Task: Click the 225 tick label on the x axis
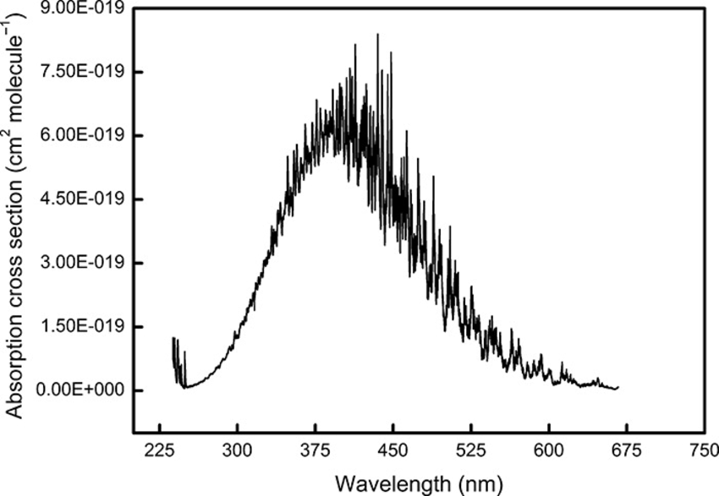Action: point(160,451)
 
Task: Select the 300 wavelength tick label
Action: point(238,451)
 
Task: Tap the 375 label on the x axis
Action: point(316,451)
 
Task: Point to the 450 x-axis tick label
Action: point(393,451)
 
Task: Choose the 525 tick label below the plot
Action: point(471,451)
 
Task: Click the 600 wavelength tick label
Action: point(549,451)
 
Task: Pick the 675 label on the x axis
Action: point(627,451)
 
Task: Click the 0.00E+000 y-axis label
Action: point(80,390)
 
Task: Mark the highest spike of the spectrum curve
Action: point(377,35)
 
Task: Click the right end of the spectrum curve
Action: point(618,387)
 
